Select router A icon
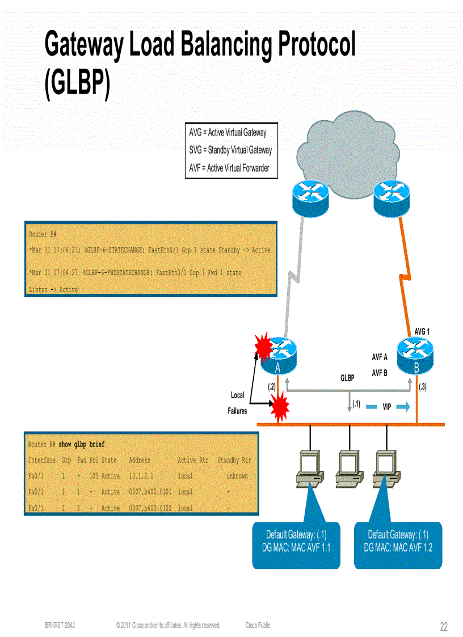[278, 356]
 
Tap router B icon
[416, 356]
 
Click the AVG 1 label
[422, 331]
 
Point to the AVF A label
[379, 357]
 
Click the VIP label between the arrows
[386, 407]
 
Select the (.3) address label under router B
[423, 387]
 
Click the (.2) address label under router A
[271, 387]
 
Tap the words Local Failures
[237, 403]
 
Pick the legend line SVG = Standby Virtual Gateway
[230, 150]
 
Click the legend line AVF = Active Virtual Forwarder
[229, 168]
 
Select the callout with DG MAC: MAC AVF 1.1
[296, 541]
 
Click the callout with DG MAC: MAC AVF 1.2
[398, 541]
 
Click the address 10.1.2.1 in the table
[141, 476]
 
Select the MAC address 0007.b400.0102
[150, 508]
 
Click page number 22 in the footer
[444, 627]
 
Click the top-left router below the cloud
[310, 195]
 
